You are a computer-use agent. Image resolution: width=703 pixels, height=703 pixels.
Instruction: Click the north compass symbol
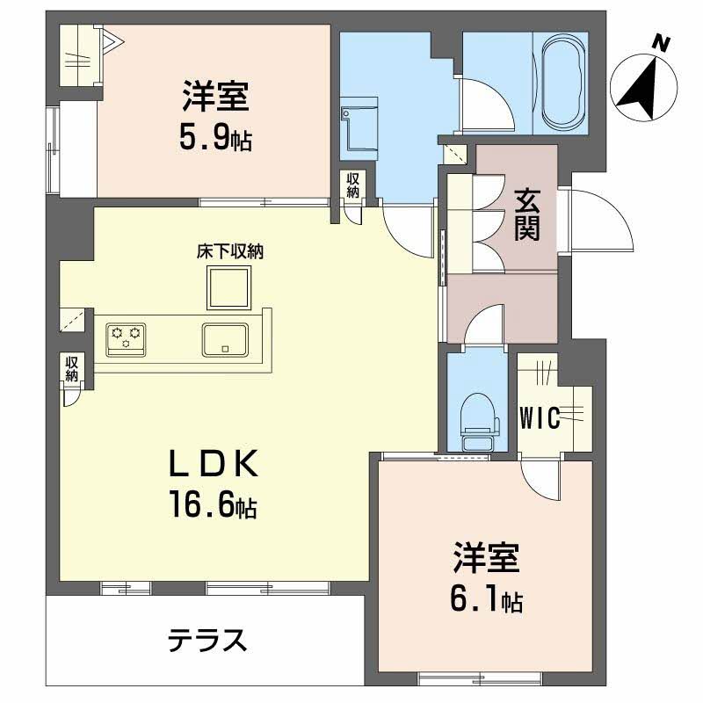645,80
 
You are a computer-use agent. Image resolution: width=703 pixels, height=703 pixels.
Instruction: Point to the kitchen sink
225,337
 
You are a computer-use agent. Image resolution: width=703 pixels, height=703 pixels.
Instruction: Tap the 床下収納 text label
230,251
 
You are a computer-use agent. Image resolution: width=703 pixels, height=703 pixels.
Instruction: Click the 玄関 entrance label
527,215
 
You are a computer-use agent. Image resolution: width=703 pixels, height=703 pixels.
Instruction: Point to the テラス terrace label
207,641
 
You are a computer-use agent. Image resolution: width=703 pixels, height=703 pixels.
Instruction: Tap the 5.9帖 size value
216,136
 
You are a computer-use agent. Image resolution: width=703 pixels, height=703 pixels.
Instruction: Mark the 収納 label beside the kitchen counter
71,366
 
